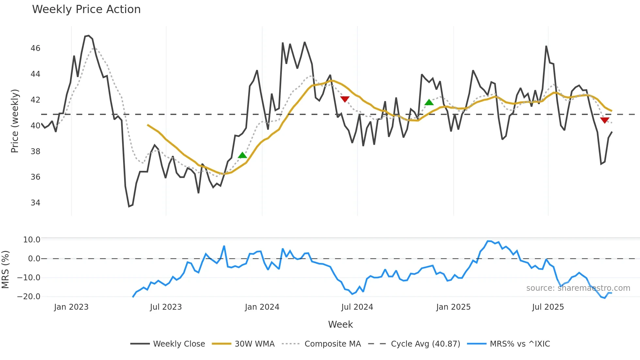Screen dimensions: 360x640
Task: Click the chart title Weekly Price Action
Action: click(x=86, y=9)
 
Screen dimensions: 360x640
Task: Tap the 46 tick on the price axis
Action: click(x=35, y=48)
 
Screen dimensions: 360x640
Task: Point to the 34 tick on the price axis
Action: click(x=35, y=203)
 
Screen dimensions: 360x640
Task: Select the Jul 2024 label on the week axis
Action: click(x=357, y=307)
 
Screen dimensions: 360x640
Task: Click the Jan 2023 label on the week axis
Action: click(x=71, y=307)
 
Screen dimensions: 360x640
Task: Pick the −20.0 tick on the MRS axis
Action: click(x=29, y=297)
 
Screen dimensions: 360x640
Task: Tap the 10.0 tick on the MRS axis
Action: click(x=31, y=240)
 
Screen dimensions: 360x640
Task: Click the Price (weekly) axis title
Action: click(x=15, y=121)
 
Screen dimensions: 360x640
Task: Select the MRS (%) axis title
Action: click(x=5, y=270)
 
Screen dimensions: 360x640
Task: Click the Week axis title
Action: click(x=340, y=324)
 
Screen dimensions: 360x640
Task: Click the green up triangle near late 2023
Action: click(x=242, y=155)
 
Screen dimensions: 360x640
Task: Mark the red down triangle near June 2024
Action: click(x=345, y=99)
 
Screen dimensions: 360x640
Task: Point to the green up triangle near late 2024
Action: click(x=429, y=102)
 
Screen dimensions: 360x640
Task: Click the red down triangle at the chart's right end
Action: click(x=605, y=120)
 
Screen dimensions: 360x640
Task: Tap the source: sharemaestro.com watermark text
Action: click(x=578, y=288)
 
